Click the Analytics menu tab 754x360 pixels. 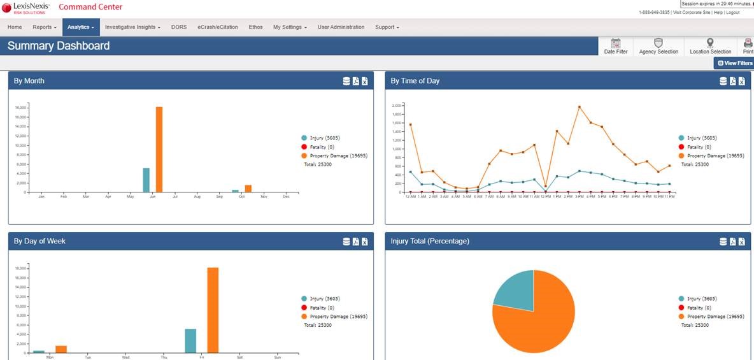(x=81, y=27)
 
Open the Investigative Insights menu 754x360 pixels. (x=132, y=27)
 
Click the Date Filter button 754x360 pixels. (x=615, y=47)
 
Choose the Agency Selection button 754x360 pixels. (x=658, y=47)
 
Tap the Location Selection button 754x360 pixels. (x=710, y=47)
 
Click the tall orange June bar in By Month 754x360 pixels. (x=159, y=150)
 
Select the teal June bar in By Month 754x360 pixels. (x=146, y=180)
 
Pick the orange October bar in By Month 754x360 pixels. (x=248, y=189)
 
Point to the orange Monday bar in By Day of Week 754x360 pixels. (x=61, y=349)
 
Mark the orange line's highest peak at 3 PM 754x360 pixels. (x=579, y=107)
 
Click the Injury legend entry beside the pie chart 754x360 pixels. (x=701, y=299)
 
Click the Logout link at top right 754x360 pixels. (x=732, y=12)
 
